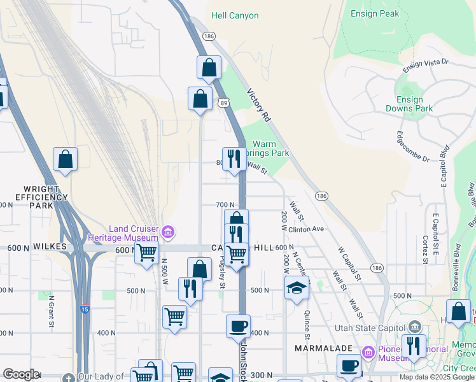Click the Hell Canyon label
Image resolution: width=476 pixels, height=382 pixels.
pos(235,15)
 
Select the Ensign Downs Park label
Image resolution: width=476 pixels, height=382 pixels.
pos(409,104)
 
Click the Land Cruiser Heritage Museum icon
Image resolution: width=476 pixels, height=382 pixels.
pos(168,232)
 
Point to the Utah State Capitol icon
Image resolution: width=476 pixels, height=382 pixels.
pos(415,326)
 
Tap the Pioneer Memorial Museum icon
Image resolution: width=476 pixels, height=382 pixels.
pos(368,352)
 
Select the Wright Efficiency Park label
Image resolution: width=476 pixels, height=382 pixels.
pos(45,197)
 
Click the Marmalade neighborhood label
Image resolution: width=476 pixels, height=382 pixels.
pos(319,348)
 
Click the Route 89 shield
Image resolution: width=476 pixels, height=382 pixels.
pos(223,102)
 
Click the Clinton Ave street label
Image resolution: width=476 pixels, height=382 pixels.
pos(306,229)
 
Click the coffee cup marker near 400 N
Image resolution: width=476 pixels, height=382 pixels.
pos(238,326)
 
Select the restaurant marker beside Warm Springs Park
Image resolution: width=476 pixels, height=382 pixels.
pos(234,159)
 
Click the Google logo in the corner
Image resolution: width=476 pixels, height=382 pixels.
pos(21,374)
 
